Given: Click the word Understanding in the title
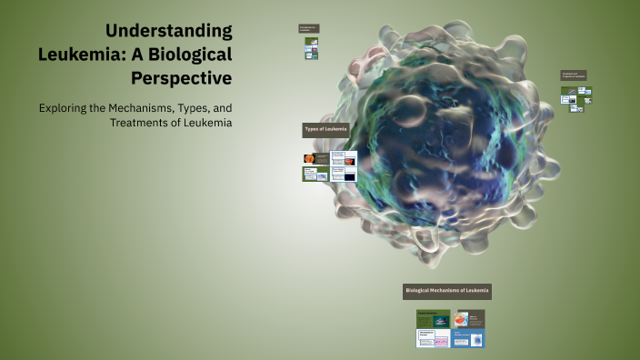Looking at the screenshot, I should point(169,31).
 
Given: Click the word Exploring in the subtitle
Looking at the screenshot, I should point(65,107).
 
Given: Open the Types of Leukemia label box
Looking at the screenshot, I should point(325,130).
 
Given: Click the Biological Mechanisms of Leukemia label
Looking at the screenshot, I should point(446,291).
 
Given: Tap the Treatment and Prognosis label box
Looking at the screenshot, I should point(574,76).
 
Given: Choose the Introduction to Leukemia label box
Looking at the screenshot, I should point(308,28).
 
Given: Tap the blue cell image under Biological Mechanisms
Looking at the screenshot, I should point(469,340).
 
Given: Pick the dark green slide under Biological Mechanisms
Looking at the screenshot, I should point(433,319).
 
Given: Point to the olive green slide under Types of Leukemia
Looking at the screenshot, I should point(315,174).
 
